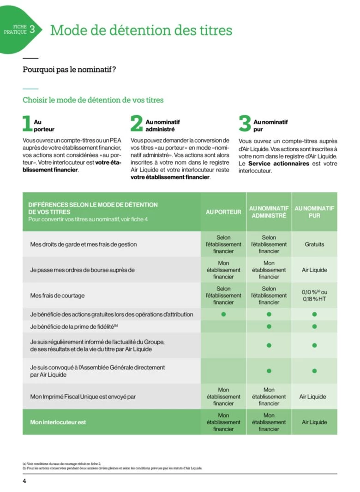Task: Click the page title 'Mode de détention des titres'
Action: (141, 30)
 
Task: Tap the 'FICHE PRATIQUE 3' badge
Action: (21, 30)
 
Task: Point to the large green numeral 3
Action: (245, 124)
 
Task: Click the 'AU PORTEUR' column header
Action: (223, 212)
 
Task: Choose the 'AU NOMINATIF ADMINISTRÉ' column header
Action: (269, 212)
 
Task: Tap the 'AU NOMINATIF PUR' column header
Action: (314, 212)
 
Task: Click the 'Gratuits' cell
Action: (314, 244)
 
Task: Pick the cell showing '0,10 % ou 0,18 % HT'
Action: (314, 296)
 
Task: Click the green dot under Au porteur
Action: (223, 314)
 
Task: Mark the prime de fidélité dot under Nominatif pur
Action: (314, 327)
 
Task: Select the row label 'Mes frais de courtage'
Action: (58, 296)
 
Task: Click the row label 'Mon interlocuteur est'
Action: (58, 422)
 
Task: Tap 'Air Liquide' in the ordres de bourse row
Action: (314, 270)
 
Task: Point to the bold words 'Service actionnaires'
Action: (278, 164)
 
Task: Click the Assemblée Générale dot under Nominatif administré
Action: (269, 371)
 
